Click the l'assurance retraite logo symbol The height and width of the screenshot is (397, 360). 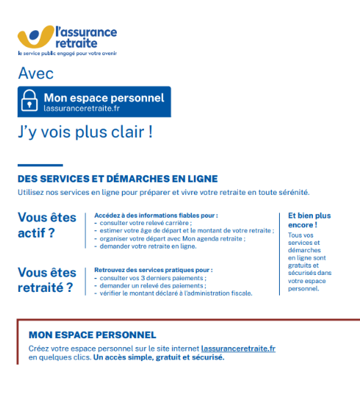(x=35, y=37)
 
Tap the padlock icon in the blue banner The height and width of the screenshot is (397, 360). (x=30, y=101)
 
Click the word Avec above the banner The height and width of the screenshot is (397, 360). (x=35, y=74)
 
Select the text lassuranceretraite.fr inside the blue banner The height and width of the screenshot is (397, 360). (x=81, y=108)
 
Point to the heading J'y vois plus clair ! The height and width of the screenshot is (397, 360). (x=85, y=133)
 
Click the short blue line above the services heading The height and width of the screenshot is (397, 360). (x=40, y=165)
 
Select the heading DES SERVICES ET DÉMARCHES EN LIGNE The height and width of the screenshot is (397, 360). (x=118, y=179)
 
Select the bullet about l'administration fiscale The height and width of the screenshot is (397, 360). (x=176, y=293)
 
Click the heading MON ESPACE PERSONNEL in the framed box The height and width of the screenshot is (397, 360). (x=92, y=335)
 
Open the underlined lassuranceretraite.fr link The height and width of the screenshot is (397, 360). (x=238, y=348)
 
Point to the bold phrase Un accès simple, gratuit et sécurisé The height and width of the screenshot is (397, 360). (x=159, y=357)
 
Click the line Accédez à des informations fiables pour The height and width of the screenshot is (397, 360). (x=156, y=215)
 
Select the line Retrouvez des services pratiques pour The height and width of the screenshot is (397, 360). (x=154, y=270)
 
